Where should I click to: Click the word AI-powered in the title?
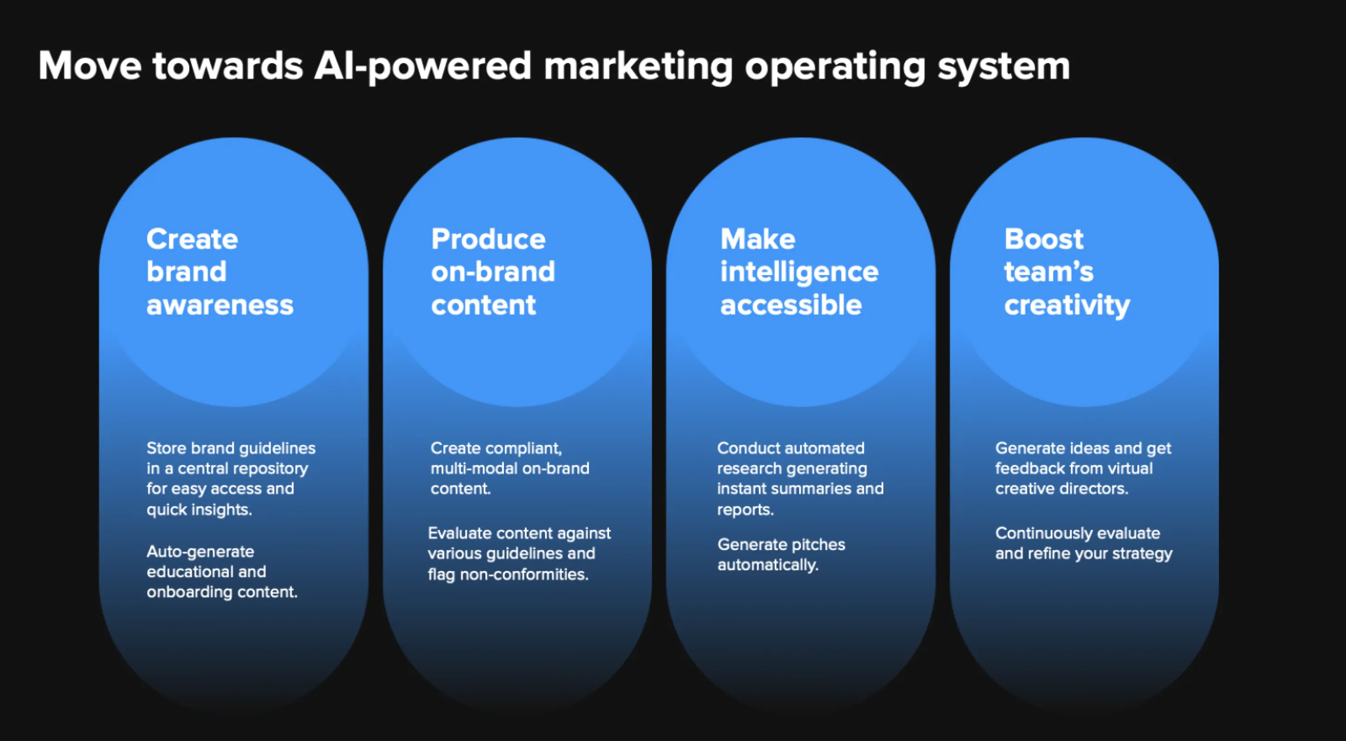[x=422, y=66]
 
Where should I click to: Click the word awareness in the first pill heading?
[x=220, y=305]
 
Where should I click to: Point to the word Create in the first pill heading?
[x=192, y=239]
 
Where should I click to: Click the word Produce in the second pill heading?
[x=488, y=239]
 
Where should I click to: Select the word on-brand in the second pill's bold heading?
[x=493, y=272]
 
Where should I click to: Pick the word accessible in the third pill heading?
[x=791, y=305]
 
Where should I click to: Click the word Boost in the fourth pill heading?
[x=1044, y=239]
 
